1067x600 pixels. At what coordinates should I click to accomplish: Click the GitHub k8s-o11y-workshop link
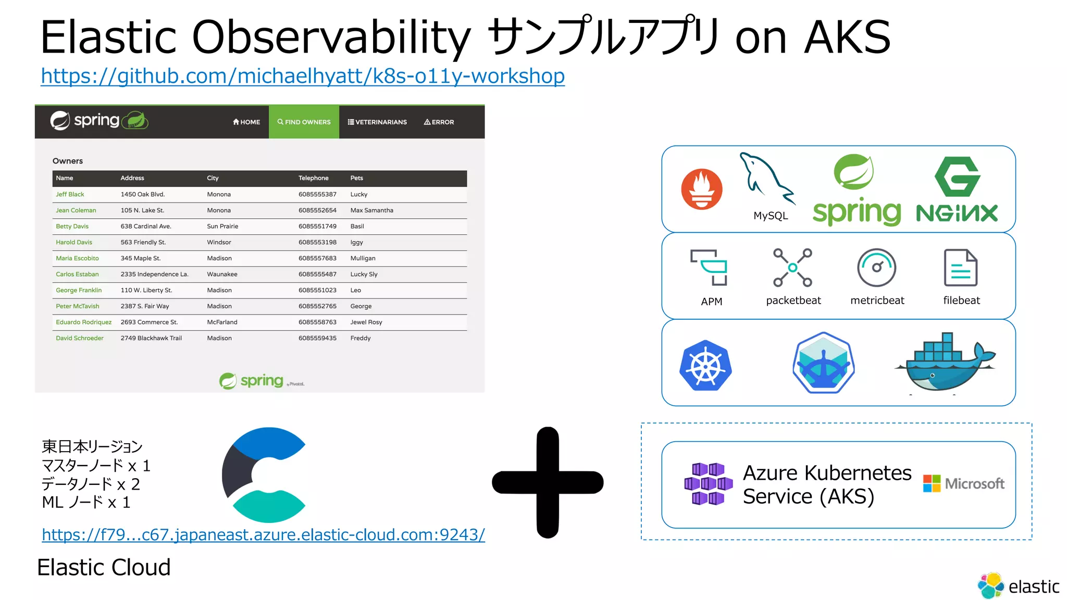(x=302, y=77)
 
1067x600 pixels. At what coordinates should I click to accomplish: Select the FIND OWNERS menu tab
(x=304, y=122)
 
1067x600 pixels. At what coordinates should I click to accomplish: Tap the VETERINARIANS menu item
(x=377, y=122)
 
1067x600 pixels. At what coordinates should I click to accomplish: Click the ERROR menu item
(x=439, y=122)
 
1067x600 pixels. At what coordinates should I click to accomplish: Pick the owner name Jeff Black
(x=70, y=194)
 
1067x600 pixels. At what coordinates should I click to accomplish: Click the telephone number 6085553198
(x=317, y=242)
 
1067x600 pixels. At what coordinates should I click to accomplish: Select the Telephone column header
(x=313, y=178)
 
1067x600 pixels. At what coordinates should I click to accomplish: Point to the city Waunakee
(x=222, y=274)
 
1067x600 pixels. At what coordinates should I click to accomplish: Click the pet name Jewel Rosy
(x=366, y=322)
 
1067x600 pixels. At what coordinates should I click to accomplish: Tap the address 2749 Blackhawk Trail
(x=151, y=338)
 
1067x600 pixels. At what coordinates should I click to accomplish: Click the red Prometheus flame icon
(x=701, y=189)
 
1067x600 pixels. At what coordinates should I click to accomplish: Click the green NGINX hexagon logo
(x=957, y=177)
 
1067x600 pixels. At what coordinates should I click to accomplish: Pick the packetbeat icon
(x=792, y=268)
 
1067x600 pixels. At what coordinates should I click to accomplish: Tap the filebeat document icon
(x=960, y=268)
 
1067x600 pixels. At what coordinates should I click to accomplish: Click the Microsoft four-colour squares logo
(x=932, y=483)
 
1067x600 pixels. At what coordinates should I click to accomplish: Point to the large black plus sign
(x=548, y=482)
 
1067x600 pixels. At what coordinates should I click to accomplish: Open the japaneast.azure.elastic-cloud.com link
(x=263, y=535)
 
